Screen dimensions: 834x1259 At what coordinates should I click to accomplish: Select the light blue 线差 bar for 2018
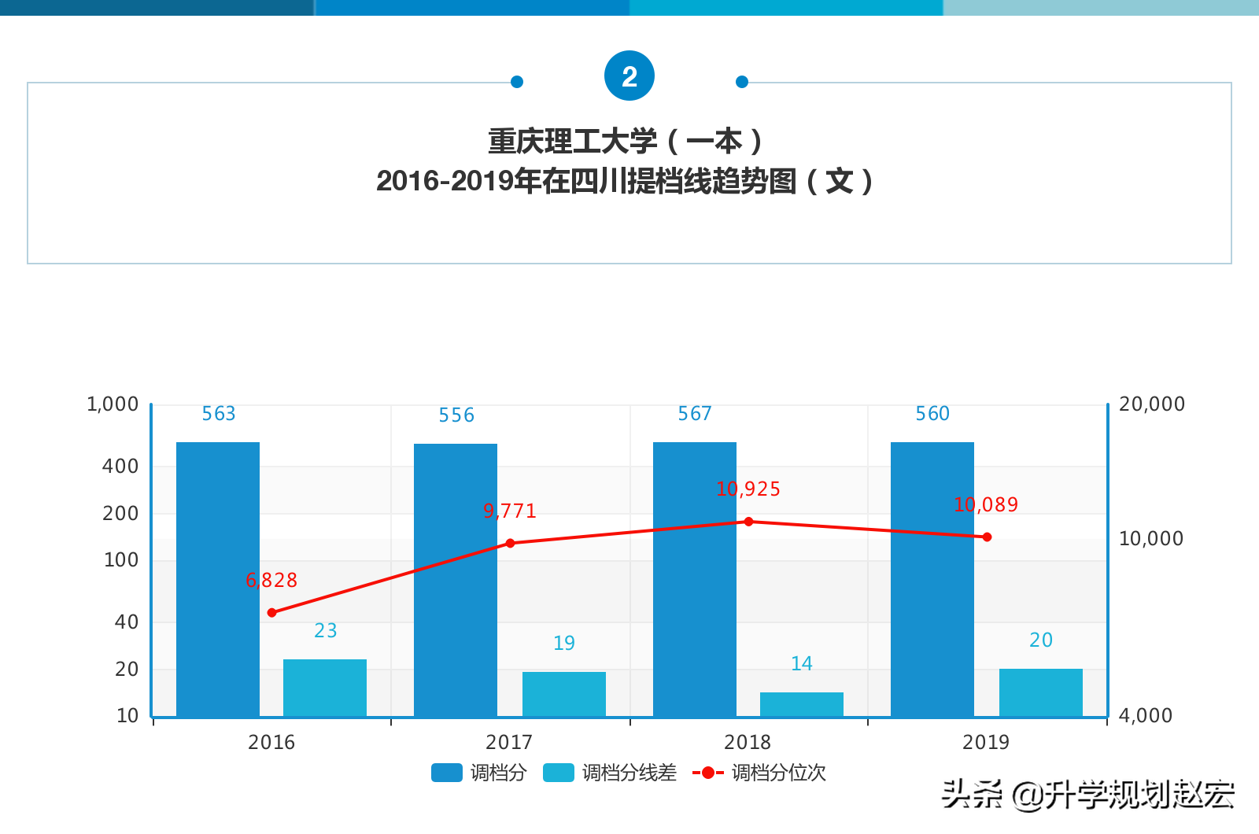coord(801,704)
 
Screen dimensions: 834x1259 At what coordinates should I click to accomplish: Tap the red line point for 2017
coord(510,543)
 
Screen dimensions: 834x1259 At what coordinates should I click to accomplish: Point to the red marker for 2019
coord(987,537)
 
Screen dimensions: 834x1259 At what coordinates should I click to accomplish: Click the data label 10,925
coord(748,489)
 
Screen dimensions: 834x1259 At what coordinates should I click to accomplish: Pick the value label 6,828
coord(271,581)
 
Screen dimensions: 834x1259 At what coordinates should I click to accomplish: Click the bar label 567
coord(695,414)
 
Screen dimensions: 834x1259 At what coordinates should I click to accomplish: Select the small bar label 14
coord(801,664)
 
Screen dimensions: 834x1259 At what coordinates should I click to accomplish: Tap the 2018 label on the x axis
coord(748,742)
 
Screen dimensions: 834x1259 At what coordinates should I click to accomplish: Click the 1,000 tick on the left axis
coord(113,404)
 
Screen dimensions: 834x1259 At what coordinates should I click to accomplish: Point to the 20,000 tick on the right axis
coord(1151,404)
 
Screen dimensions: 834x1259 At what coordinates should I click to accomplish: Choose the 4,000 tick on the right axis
coord(1145,715)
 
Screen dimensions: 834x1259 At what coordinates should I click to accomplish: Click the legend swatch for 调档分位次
coord(707,773)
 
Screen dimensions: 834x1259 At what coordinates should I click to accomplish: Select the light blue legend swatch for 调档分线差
coord(558,773)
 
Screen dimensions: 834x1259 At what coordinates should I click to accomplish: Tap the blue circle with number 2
coord(629,76)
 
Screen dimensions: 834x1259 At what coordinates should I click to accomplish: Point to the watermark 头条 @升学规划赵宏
coord(1087,795)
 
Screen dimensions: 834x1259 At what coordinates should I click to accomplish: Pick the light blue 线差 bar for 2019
coord(1040,692)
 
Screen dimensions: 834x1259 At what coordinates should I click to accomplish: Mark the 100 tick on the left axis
coord(121,560)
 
